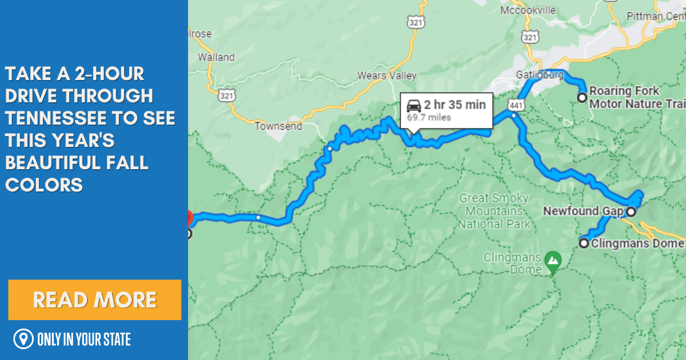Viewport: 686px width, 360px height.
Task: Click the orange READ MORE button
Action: point(95,300)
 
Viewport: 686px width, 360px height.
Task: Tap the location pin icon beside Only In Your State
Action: point(23,339)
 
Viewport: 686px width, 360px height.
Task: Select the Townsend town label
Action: point(278,126)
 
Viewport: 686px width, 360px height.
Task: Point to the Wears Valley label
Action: point(387,75)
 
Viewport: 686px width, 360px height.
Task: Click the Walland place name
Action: point(216,57)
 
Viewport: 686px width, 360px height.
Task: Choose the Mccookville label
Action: point(528,10)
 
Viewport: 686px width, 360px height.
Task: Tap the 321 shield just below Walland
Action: point(224,95)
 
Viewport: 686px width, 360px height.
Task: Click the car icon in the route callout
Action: point(414,105)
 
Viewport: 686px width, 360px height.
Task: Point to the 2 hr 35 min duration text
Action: point(455,105)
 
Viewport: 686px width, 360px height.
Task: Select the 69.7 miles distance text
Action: point(429,118)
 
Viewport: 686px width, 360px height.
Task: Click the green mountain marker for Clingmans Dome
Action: point(552,261)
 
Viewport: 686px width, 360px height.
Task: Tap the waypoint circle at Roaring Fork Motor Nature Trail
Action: point(582,98)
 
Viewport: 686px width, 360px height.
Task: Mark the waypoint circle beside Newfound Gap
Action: point(631,212)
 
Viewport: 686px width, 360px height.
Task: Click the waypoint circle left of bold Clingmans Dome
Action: point(584,243)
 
